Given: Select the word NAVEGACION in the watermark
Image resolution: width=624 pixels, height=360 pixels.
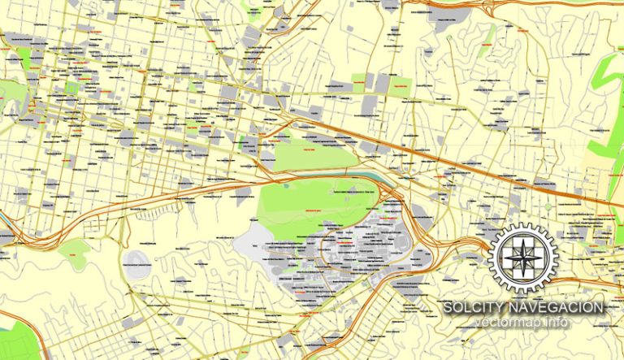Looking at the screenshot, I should coord(561,308).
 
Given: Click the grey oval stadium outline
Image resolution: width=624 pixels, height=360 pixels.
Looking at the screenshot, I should coord(136,262).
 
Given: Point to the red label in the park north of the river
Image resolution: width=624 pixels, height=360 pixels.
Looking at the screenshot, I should coord(309,150).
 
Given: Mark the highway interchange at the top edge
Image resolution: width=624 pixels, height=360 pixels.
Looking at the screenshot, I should coord(431,10).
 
